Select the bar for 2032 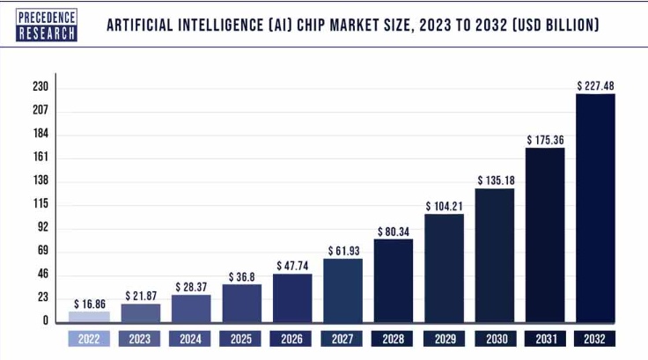(595, 208)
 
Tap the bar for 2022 (90, 317)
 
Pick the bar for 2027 (342, 290)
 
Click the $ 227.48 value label (595, 85)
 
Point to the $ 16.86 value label (90, 303)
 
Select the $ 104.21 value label (444, 206)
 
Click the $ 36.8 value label (241, 276)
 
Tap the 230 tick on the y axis (40, 87)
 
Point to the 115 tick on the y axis (40, 204)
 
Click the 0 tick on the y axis (44, 321)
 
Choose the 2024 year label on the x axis (191, 339)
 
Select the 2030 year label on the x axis (494, 339)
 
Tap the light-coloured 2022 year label (90, 339)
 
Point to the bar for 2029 (444, 268)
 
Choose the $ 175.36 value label (545, 140)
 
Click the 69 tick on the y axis (40, 251)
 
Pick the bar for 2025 (241, 303)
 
